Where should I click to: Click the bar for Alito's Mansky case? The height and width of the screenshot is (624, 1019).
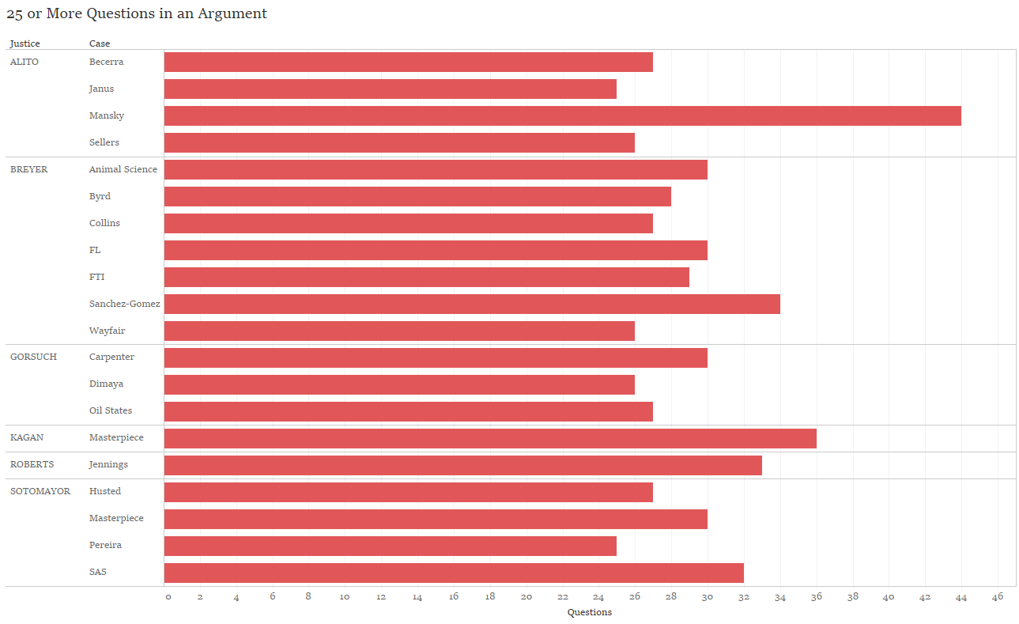pos(562,115)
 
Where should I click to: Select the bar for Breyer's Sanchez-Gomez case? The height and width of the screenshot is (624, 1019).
pos(472,304)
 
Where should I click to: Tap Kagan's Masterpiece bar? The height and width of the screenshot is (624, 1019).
pos(490,438)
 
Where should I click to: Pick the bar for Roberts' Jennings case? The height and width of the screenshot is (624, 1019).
pos(462,465)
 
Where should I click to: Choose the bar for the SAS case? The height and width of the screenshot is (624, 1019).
pos(454,573)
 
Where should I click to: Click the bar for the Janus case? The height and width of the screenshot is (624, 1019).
pos(390,89)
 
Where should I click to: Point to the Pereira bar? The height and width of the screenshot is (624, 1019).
pos(390,546)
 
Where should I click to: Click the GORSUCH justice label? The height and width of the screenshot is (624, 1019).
pos(33,357)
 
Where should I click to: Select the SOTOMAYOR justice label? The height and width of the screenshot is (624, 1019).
pos(40,491)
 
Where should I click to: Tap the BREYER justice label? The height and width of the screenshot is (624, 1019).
pos(28,169)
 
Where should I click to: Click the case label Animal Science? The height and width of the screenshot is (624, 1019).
pos(123,169)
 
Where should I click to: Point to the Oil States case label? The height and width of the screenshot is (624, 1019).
pos(111,410)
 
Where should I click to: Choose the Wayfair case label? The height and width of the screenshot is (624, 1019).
pos(107,331)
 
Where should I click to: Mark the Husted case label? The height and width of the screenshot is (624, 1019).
pos(105,491)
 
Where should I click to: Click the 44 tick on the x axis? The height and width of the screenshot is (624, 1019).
pos(961,597)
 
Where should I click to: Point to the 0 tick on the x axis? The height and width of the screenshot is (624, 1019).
pos(168,597)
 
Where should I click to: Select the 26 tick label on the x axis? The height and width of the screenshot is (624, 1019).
pos(635,597)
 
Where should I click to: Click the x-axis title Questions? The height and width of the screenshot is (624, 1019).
pos(590,612)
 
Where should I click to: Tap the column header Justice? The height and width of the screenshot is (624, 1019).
pos(25,43)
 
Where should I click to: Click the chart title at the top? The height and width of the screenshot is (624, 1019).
pos(137,13)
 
